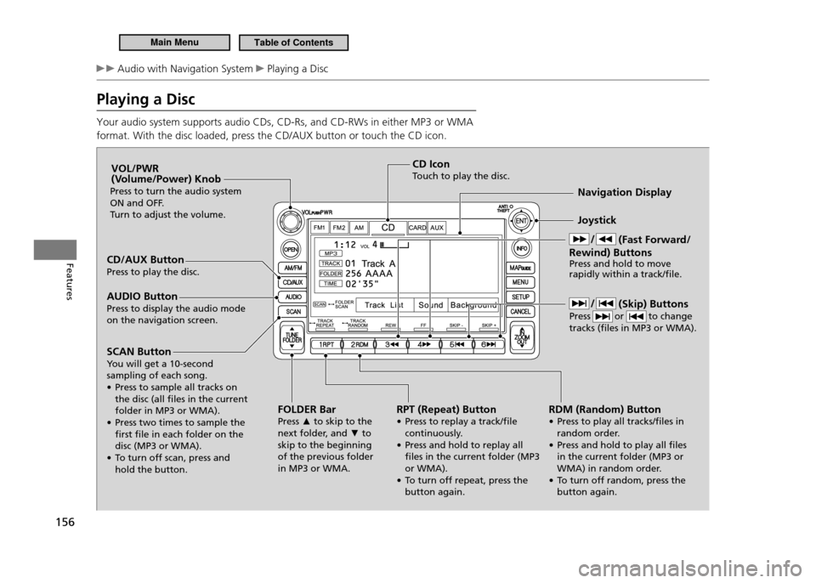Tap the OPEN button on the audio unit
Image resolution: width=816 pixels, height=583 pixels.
click(x=291, y=250)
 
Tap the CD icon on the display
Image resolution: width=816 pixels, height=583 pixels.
click(x=388, y=228)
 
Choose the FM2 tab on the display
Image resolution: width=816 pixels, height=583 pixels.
click(x=339, y=228)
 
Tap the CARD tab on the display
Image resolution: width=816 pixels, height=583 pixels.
click(x=417, y=228)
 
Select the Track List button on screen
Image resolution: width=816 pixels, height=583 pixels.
click(x=383, y=304)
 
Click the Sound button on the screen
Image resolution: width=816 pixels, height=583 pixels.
click(x=430, y=304)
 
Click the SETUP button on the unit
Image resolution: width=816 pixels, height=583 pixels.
click(x=522, y=297)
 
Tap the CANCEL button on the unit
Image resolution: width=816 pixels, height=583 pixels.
click(x=522, y=311)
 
